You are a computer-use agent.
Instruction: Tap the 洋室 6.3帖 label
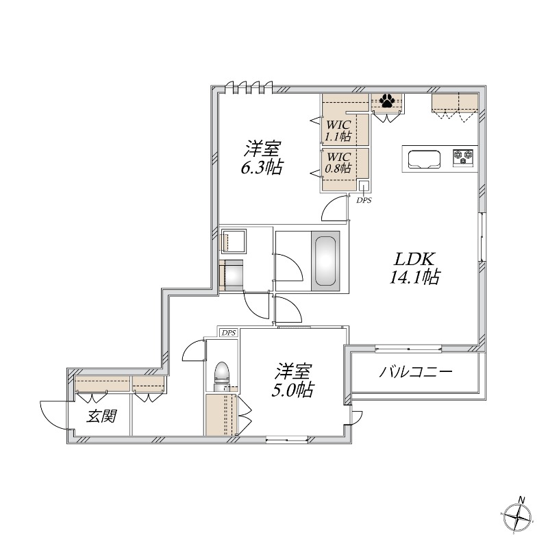coord(262,158)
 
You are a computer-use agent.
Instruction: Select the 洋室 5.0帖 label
coord(295,381)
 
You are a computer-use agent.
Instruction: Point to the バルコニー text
coord(416,374)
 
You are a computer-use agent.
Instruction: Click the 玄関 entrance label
coord(101,416)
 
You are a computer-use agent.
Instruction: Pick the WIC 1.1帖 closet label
coord(338,130)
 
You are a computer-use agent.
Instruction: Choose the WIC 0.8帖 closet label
coord(338,162)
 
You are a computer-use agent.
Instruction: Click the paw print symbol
coord(387,102)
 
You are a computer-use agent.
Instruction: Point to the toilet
coord(222,375)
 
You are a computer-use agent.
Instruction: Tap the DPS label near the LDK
coord(363,200)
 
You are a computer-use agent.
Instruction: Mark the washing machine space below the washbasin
coord(232,275)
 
